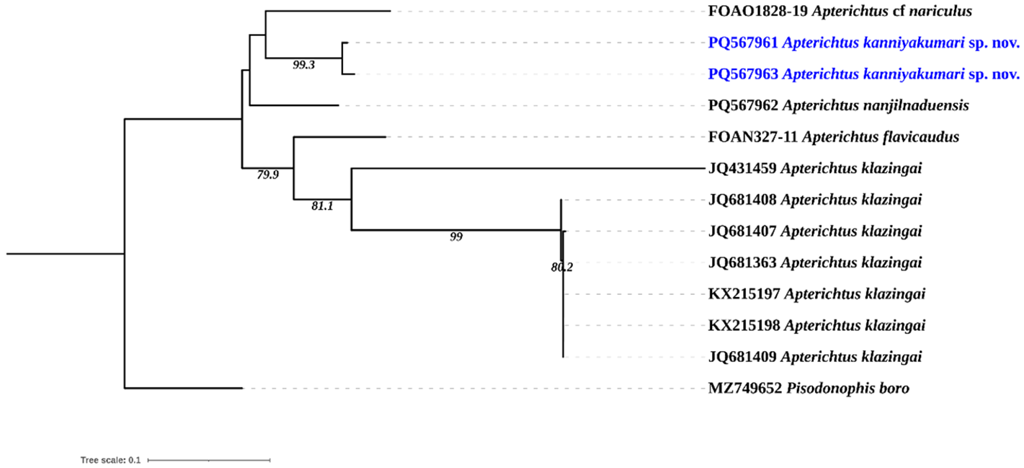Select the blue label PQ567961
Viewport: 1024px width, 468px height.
coord(743,43)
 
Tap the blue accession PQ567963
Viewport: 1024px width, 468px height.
coord(743,74)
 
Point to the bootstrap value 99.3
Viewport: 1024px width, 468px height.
coord(304,65)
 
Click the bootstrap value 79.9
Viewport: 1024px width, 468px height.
coord(268,175)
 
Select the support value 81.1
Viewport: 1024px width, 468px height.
coord(321,206)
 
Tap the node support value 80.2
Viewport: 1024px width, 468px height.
coord(561,268)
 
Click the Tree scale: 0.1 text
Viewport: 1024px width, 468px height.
coord(110,459)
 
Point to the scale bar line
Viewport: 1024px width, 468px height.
coord(208,459)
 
